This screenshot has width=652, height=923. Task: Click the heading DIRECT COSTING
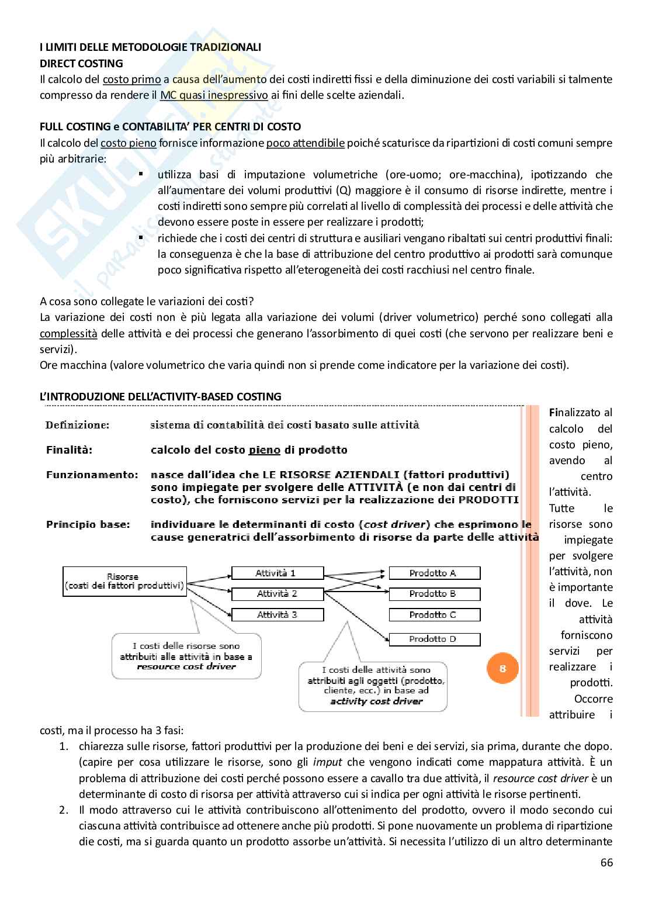81,63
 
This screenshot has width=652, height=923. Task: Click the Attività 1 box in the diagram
278,573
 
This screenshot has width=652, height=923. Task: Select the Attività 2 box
278,594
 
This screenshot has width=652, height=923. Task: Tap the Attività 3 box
278,615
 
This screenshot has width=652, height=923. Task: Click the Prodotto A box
434,573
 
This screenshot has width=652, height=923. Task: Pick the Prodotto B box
434,594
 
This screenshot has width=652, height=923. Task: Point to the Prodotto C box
434,615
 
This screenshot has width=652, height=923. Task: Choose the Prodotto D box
434,639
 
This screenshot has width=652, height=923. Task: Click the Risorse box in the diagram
124,581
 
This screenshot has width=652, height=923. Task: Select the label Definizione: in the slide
77,425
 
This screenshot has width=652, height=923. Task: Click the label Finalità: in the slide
70,450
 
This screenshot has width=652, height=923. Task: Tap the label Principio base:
88,524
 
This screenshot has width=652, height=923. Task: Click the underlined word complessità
68,334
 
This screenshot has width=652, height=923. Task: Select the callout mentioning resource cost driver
186,655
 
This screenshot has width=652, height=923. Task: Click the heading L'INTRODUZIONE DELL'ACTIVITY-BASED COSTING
161,396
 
